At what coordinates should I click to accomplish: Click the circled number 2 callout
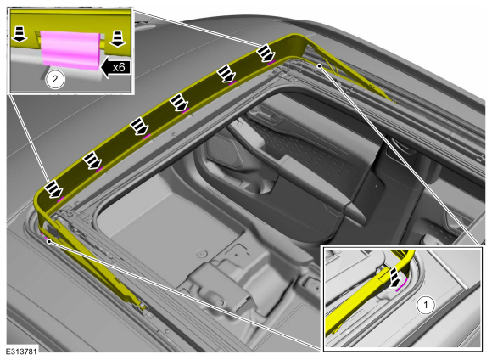(x=55, y=78)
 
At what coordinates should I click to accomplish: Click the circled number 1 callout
(x=426, y=305)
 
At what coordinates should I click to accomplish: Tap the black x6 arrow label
(x=115, y=67)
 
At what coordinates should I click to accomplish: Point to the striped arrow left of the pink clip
(x=20, y=34)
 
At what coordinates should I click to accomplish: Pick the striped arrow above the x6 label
(x=117, y=39)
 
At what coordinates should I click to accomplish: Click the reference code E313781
(x=21, y=351)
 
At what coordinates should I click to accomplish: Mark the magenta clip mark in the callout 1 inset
(x=401, y=284)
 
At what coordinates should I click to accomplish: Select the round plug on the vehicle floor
(x=202, y=253)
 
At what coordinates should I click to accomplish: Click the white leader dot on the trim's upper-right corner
(x=319, y=65)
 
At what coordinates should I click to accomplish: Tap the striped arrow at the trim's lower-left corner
(x=53, y=189)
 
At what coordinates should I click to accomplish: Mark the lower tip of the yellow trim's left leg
(x=144, y=309)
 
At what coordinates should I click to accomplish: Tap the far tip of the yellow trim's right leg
(x=394, y=102)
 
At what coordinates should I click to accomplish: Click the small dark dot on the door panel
(x=377, y=186)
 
